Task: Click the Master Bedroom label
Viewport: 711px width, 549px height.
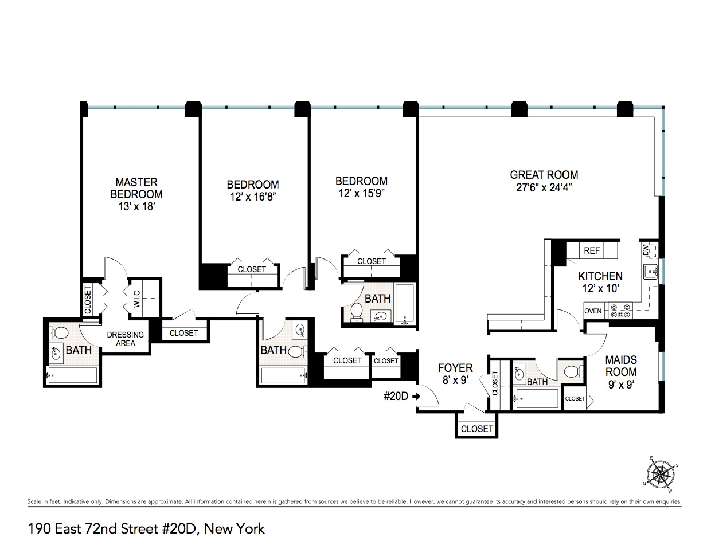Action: pos(136,194)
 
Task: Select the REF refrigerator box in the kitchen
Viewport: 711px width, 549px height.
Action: pos(592,250)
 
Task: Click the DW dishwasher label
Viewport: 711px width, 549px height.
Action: pos(646,250)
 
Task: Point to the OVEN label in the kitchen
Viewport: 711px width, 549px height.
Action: pos(593,311)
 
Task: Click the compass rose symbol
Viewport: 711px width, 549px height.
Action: pos(661,473)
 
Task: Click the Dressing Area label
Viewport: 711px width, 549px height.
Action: pos(126,339)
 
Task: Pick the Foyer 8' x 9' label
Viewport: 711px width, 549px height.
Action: pos(455,373)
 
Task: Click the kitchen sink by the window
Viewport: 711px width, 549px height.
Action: pos(650,271)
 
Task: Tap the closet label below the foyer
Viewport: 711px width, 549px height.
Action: pos(476,428)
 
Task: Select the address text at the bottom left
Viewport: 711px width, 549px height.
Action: pos(146,528)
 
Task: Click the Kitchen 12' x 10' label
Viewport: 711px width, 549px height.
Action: pos(600,282)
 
